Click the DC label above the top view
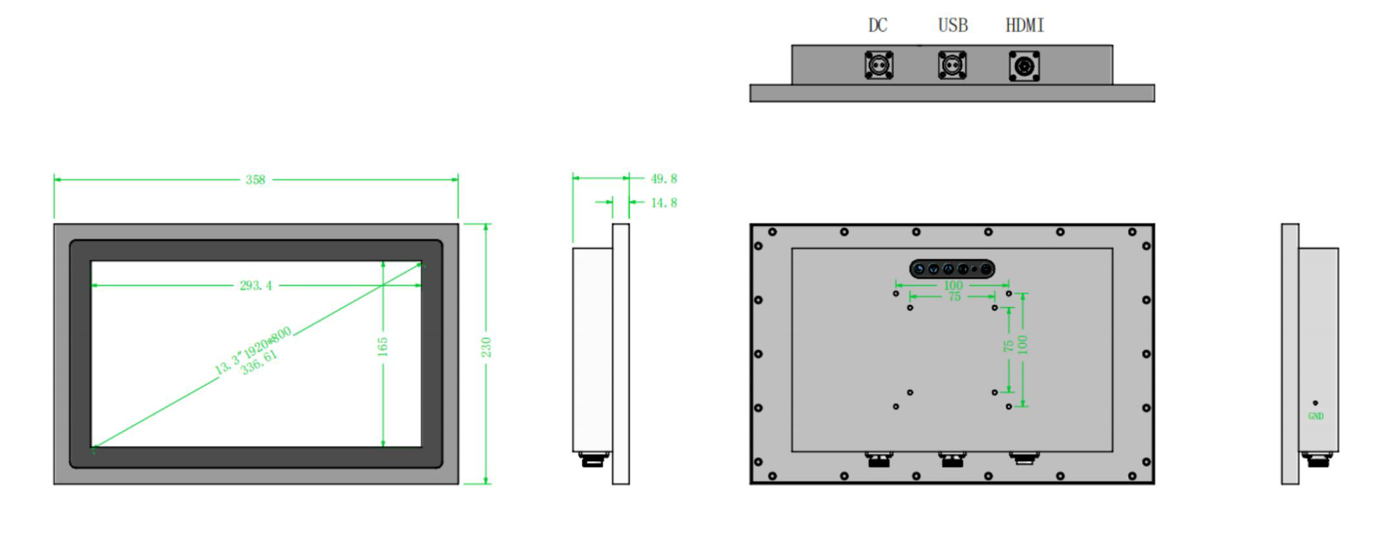coord(878,26)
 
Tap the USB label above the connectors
coord(953,26)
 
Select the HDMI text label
coord(1024,26)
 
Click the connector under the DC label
coord(879,65)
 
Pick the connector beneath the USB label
coord(953,65)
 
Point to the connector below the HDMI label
coord(1024,66)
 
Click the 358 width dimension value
coord(255,180)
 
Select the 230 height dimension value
coord(486,347)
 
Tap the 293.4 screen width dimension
coord(256,285)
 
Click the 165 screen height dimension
coord(383,347)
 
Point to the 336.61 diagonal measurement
coord(260,362)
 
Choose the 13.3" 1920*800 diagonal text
coord(253,351)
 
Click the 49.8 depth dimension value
coord(664,179)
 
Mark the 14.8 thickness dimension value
coord(664,203)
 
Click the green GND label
coord(1316,416)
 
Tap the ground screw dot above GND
coord(1315,403)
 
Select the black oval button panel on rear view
coord(952,269)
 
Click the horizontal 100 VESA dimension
coord(953,285)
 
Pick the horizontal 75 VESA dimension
coord(955,297)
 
